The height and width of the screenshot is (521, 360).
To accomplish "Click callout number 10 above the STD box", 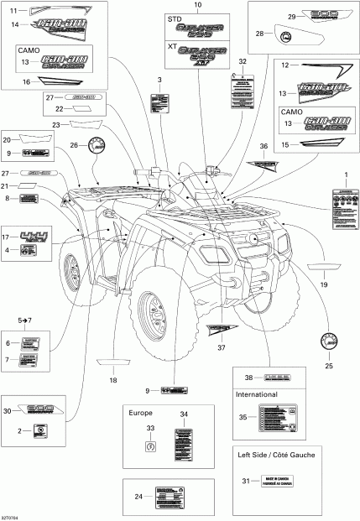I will [197, 6].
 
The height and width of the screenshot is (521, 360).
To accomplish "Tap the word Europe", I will [141, 413].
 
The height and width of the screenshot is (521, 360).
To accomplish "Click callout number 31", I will [246, 480].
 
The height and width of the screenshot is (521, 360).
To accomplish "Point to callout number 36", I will [263, 147].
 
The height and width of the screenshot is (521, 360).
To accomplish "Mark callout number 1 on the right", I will [341, 172].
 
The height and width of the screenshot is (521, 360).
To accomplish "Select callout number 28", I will [258, 34].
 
